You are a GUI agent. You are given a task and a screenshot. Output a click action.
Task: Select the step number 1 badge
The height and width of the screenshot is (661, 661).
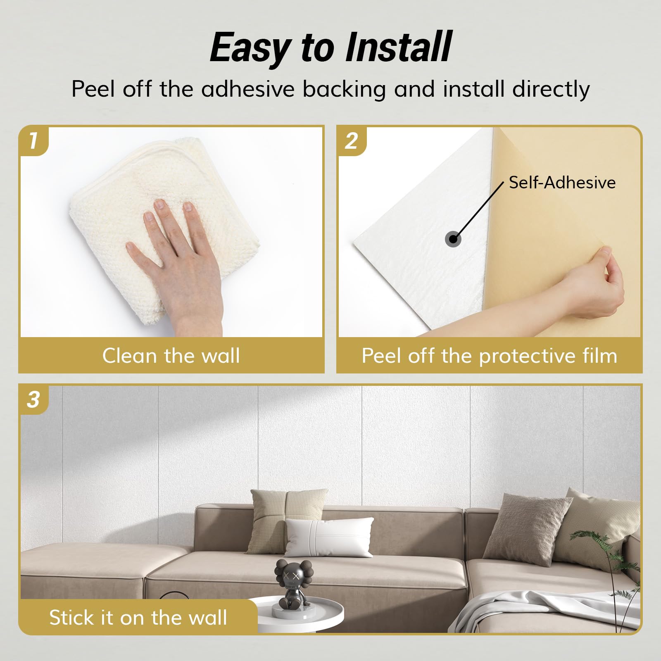(33, 140)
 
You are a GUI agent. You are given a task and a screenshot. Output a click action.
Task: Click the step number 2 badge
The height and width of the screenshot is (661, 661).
(351, 140)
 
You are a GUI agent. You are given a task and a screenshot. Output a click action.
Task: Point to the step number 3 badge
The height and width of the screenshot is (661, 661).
(33, 399)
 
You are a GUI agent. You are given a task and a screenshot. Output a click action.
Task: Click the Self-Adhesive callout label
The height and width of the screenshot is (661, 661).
(562, 182)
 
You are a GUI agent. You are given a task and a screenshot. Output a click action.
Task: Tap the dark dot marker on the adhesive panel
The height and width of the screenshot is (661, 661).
(453, 239)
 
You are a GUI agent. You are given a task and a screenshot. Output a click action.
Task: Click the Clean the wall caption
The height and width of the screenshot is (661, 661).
(171, 356)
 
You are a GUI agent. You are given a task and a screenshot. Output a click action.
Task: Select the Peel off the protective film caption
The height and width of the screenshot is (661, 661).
(490, 356)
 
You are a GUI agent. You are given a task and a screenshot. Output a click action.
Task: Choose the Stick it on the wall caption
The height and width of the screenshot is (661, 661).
(138, 617)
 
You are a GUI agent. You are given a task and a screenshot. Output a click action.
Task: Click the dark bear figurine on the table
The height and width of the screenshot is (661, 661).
(294, 582)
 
